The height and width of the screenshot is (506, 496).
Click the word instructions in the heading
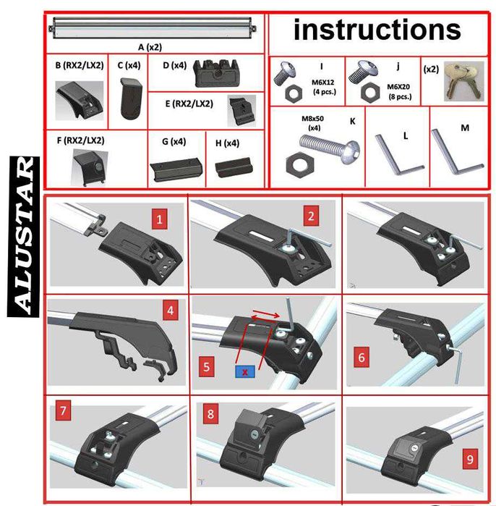tap(377, 30)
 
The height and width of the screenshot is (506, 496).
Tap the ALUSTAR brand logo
tap(24, 237)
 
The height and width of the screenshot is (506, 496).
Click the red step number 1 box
tap(159, 219)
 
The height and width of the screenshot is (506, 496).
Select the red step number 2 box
tap(311, 216)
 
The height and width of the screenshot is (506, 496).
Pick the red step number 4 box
tap(171, 311)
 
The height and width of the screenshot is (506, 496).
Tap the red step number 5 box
tap(207, 366)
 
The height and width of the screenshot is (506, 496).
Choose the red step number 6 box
tap(362, 357)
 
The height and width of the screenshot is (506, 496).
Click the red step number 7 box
tap(63, 410)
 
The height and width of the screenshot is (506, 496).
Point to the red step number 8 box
tap(211, 414)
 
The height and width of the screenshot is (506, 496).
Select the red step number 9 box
tap(470, 459)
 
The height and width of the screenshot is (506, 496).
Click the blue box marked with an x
tap(245, 372)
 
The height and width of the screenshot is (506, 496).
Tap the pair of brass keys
tap(463, 81)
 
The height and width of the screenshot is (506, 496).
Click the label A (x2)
tap(150, 48)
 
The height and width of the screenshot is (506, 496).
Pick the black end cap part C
tap(131, 98)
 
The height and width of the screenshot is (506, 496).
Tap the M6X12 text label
tap(323, 83)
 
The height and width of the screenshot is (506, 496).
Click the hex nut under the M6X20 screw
tap(371, 92)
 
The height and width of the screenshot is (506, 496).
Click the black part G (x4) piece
tap(176, 169)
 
